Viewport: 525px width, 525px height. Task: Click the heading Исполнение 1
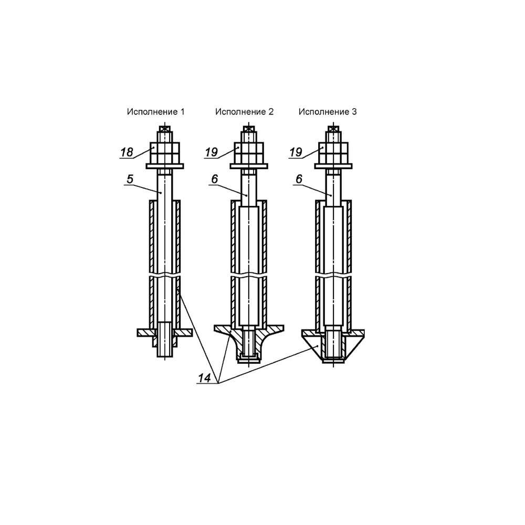point(156,112)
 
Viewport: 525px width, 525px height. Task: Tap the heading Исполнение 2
point(245,112)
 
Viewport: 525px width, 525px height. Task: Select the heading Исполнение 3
point(328,112)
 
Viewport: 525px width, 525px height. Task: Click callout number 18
point(127,152)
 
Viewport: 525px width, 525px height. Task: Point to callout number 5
point(130,179)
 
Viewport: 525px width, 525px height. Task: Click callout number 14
point(204,378)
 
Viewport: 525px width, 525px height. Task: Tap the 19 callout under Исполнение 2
point(211,152)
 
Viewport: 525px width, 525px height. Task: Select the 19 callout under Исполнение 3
point(296,152)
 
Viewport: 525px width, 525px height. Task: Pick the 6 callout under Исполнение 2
point(215,179)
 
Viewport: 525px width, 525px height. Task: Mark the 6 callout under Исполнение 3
point(299,179)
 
